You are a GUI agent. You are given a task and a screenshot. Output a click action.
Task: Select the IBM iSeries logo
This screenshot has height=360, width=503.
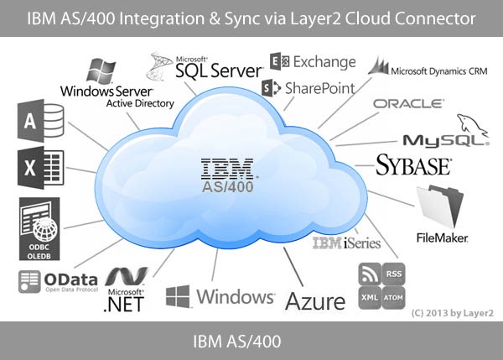[x=346, y=243]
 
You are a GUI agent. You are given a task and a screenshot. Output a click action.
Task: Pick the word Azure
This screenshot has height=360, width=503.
[x=315, y=300]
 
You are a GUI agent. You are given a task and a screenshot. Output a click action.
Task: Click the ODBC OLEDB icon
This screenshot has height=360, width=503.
[x=41, y=231]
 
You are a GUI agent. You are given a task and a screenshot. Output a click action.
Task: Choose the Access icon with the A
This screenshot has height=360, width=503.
[x=33, y=121]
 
